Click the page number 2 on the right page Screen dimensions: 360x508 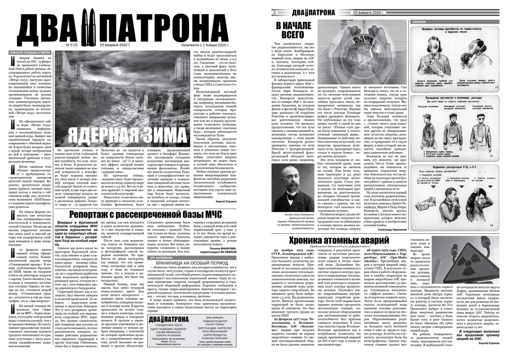coord(273,12)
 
